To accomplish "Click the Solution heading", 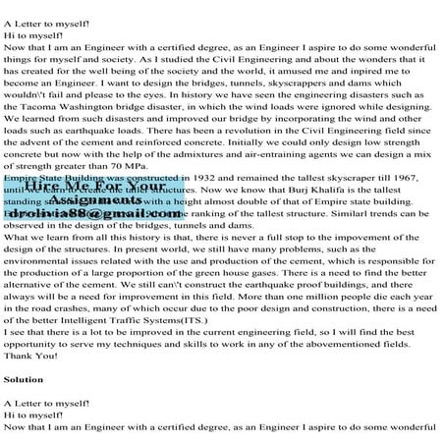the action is [x=24, y=378].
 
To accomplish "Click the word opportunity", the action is [x=40, y=343].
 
